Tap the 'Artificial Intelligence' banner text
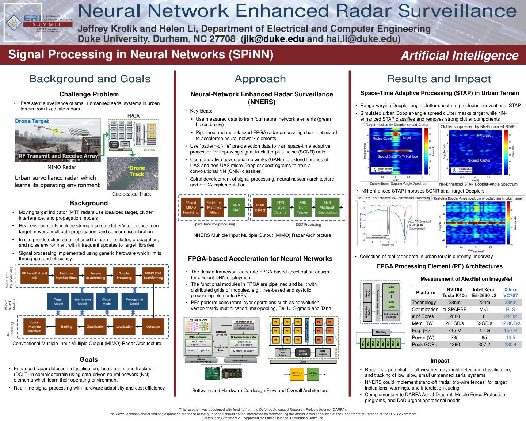tap(459, 56)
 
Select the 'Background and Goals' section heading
tap(90, 79)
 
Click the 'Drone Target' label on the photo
tap(32, 121)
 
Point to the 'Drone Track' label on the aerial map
tap(137, 171)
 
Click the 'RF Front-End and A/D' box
tap(34, 276)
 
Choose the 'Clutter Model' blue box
tap(107, 301)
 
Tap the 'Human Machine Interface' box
tap(34, 327)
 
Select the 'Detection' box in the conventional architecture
tap(153, 327)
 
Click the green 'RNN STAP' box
tap(236, 207)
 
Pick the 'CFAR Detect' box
tap(260, 208)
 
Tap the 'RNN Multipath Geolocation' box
tap(327, 207)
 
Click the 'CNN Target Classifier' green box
tap(281, 207)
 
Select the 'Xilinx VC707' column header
tap(510, 292)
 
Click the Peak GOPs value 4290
tap(454, 344)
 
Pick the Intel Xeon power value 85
tap(484, 338)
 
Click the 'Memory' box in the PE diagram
tap(381, 332)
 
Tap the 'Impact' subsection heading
tap(439, 360)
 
